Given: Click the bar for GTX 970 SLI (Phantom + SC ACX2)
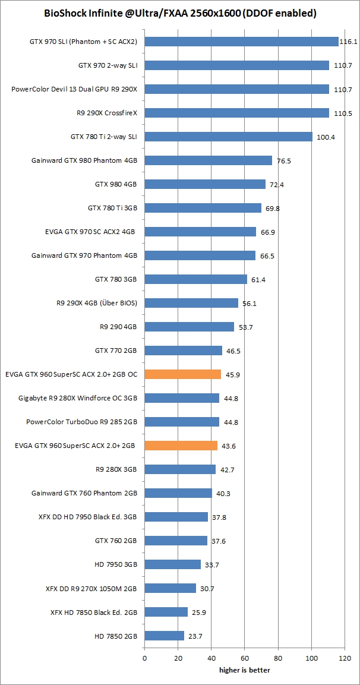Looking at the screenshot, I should coord(241,42).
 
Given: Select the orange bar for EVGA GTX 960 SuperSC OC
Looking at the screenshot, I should coord(183,374).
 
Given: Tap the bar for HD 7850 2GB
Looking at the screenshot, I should coord(164,636).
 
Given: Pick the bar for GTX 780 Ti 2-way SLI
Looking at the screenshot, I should coord(228,137).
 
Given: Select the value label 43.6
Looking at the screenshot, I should coord(229,446).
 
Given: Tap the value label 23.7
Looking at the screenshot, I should coord(195,636).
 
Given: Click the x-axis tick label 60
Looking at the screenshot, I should coord(245,659).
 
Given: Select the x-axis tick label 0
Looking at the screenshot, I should coord(144,659).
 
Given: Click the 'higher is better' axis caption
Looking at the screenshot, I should coord(244,671).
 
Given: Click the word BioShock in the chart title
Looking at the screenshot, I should coord(65,13).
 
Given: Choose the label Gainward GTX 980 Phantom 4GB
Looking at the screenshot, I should coord(84,160).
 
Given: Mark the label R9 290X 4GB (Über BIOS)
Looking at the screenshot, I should coord(96,303).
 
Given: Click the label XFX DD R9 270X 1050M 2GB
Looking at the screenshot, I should coord(91,588).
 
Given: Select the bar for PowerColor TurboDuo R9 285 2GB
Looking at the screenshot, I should coord(182,422).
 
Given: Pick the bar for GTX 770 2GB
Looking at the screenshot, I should coord(183,351).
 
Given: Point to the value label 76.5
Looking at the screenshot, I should coord(285,161).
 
